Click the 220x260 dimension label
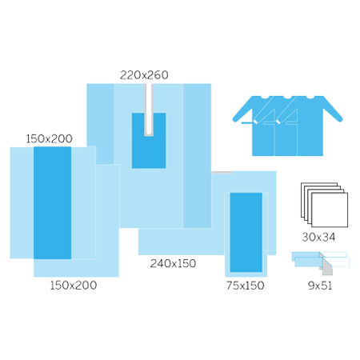coord(144,75)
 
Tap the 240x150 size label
coord(173,263)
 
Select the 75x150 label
coord(246,286)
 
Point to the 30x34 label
coord(318,237)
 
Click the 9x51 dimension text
coord(320,286)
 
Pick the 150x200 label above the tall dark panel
coord(49,138)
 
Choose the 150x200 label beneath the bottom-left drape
coord(74,286)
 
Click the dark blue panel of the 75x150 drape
coord(246,232)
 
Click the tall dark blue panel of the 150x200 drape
coord(52,202)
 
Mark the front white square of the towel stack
coord(330,210)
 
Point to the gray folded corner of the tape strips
coord(327,268)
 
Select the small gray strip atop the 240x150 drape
coord(222,173)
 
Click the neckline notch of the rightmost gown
coord(310,98)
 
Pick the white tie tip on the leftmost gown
coord(255,122)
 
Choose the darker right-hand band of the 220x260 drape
coord(197,156)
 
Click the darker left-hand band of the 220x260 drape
coord(100,124)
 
